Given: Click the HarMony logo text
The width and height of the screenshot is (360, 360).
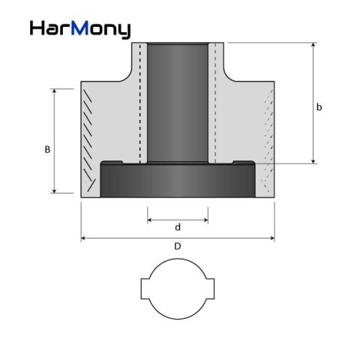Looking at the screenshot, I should point(80,28).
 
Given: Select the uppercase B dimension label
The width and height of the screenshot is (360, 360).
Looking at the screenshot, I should point(47,149).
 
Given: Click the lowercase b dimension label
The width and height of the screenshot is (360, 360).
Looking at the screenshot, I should point(319,107).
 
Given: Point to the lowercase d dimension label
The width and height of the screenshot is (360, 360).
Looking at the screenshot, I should point(178,226).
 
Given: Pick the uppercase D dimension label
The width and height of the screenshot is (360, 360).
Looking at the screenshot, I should point(177,246).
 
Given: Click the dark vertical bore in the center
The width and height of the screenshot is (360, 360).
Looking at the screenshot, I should point(178,101).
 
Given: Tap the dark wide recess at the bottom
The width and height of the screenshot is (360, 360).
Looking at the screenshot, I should point(178,181).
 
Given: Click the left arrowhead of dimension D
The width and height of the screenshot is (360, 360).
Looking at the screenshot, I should point(84,238).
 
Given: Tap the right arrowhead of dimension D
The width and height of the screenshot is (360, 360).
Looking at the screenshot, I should point(271,238).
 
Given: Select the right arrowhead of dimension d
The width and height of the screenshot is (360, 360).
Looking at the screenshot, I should point(205,220).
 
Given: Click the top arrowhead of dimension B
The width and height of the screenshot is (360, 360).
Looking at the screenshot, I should point(54,91).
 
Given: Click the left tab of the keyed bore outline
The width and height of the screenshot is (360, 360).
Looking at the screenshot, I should point(145,289).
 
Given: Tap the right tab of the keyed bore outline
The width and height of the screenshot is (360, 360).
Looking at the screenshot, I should point(211,289).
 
